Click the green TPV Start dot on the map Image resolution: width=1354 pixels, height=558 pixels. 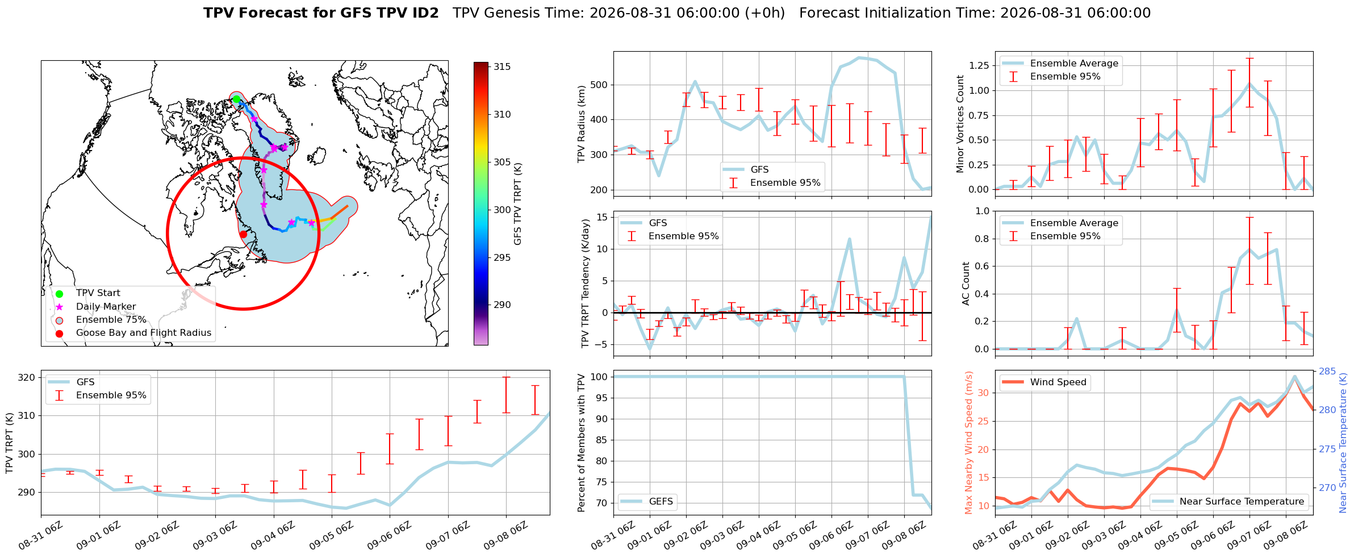(x=236, y=99)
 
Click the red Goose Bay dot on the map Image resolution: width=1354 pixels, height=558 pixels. (x=243, y=234)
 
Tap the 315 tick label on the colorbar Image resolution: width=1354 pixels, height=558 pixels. (x=502, y=66)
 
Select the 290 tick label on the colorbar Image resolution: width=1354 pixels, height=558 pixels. (x=502, y=305)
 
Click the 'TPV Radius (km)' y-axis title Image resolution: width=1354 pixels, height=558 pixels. (x=581, y=124)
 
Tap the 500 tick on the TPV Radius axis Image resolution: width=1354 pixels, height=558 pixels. (x=599, y=85)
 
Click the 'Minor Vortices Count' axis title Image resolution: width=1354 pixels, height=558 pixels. (x=960, y=124)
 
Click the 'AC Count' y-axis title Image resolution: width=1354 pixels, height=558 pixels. (x=966, y=284)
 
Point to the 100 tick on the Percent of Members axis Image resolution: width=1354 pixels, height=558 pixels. (x=599, y=377)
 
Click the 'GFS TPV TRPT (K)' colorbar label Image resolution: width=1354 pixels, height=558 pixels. (x=517, y=204)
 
